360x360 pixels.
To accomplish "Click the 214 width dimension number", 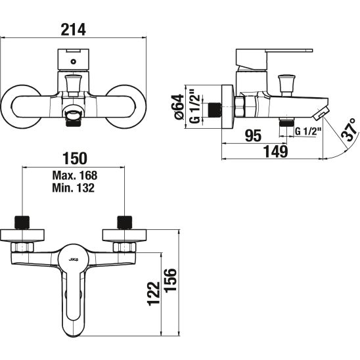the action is point(73,29).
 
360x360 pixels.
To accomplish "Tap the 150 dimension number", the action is point(75,158).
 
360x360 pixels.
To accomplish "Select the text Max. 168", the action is point(75,175).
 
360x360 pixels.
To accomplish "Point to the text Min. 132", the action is point(73,188).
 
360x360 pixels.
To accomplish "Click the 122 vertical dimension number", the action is point(154,294).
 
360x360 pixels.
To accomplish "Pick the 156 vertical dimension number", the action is point(171,280).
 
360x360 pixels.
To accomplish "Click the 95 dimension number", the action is point(253,135).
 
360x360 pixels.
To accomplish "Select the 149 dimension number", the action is point(275,152).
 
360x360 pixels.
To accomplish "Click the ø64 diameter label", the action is point(179,107).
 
